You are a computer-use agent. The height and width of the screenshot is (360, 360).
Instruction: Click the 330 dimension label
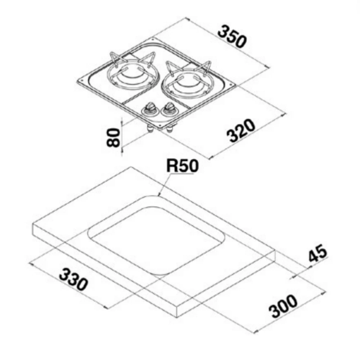click(74, 280)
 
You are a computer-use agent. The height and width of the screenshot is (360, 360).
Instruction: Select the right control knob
click(168, 108)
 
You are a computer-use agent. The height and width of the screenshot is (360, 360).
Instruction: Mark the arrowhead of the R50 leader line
click(159, 195)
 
